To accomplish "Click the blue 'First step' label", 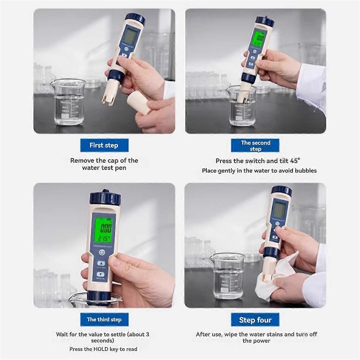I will [x=104, y=145].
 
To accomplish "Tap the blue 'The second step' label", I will [x=255, y=145].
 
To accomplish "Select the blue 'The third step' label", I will [x=104, y=319].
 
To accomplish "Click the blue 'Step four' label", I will [x=255, y=320].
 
